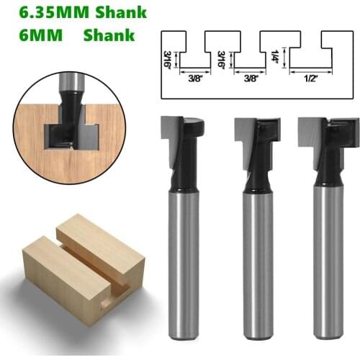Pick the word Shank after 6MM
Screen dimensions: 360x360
pos(108,35)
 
